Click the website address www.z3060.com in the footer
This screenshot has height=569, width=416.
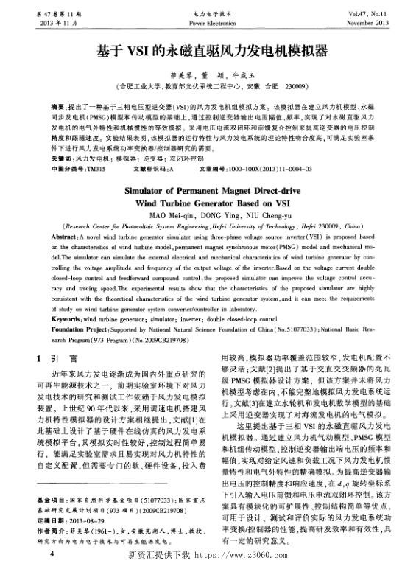pyautogui.click(x=262, y=554)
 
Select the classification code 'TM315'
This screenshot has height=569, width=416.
pyautogui.click(x=95, y=168)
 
